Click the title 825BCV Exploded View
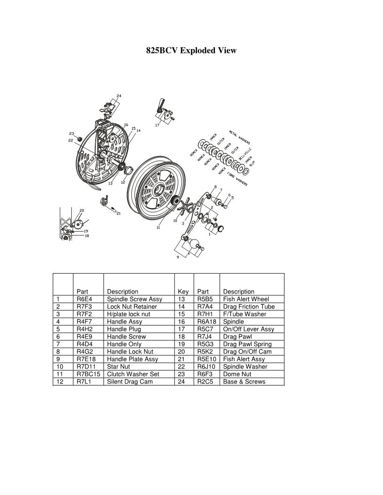tap(191, 50)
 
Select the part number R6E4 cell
tap(84, 299)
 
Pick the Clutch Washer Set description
tap(133, 374)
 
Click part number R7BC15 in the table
tap(88, 374)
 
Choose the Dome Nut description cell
tap(237, 374)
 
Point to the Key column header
tap(183, 292)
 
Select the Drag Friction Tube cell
tap(249, 307)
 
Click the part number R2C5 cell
tap(205, 382)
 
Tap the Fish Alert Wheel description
tap(246, 299)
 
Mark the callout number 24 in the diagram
tap(119, 96)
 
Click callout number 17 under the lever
tap(157, 126)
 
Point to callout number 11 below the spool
tap(159, 228)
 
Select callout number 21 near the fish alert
tap(119, 214)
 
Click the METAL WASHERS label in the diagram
tap(239, 136)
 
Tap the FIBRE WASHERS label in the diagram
tap(237, 178)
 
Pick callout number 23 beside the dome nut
tap(71, 133)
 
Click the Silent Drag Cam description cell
tap(130, 382)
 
